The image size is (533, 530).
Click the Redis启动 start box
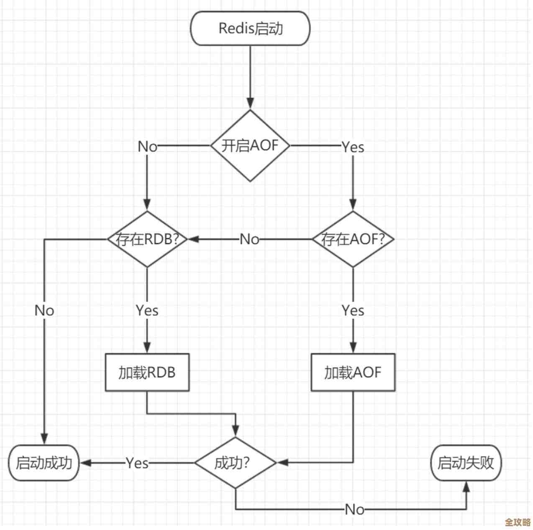coord(250,28)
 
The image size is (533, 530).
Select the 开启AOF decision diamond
coord(250,146)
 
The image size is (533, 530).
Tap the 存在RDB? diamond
coord(147,239)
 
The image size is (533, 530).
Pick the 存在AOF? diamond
coord(353,239)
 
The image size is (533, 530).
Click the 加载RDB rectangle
coord(147,372)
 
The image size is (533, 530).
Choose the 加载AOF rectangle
coord(353,372)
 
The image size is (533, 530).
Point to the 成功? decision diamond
coord(236,463)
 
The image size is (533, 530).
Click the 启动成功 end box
coord(44,463)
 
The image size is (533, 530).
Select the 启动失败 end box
coord(466,463)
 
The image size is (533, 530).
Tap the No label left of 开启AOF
coord(147,147)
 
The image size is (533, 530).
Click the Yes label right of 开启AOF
coord(353,147)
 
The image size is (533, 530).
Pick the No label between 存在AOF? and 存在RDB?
coord(249,239)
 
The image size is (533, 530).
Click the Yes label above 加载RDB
coord(147,311)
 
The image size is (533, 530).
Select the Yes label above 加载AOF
coord(353,311)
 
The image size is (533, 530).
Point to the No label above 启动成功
coord(44,311)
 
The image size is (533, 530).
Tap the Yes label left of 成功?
coord(137,463)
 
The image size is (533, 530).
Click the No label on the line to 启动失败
coord(354,509)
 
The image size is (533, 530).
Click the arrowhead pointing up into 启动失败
coord(466,486)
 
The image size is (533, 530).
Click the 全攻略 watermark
coord(518,522)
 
